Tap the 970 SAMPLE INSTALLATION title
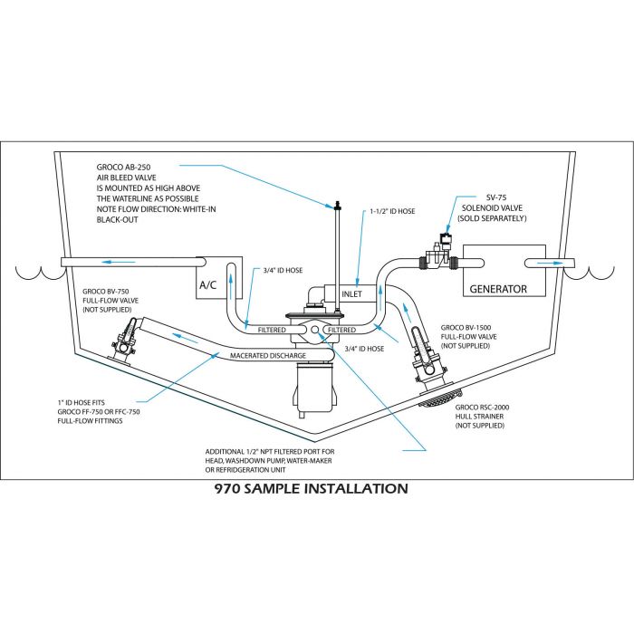tap(311, 489)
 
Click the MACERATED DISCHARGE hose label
tap(267, 355)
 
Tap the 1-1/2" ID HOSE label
tap(390, 211)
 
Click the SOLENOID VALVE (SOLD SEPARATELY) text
tap(494, 213)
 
